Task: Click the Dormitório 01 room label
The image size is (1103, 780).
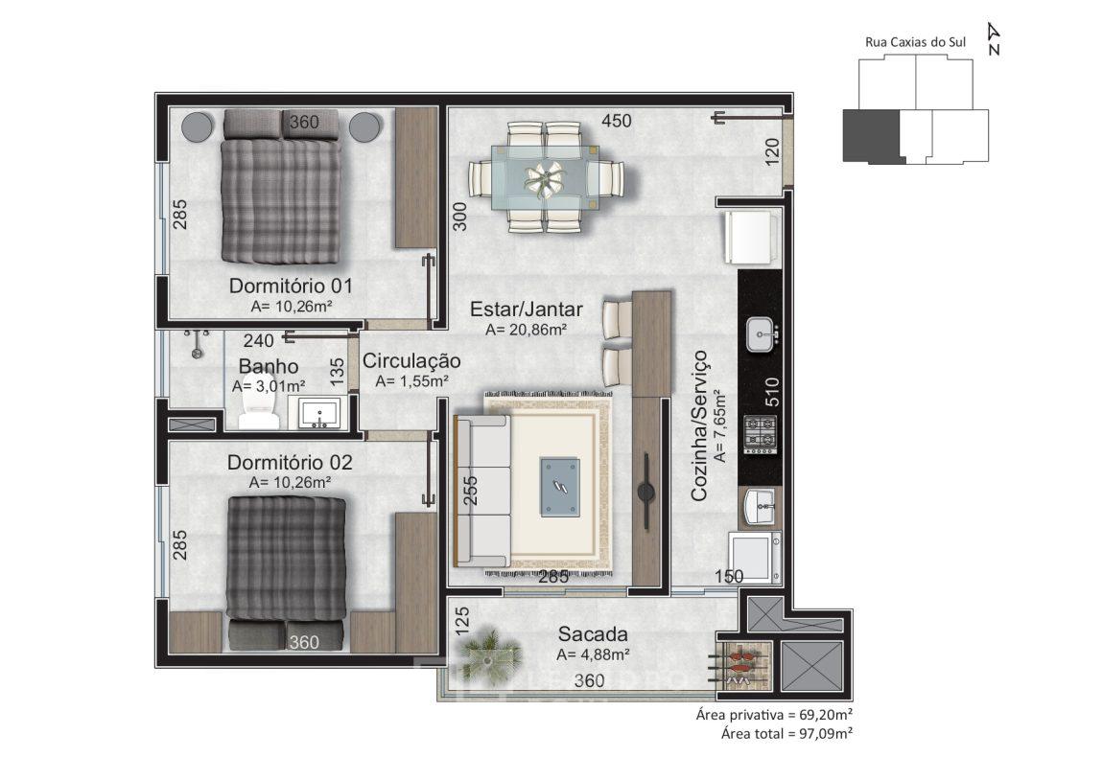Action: click(x=291, y=286)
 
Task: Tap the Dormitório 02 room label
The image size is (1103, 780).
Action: click(x=290, y=463)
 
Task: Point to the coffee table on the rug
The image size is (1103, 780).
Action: click(x=560, y=486)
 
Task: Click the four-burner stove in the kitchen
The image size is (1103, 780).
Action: click(x=760, y=434)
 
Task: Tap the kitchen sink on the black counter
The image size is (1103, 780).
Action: click(x=763, y=334)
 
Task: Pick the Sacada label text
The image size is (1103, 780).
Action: click(x=593, y=633)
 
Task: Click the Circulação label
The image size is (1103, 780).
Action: click(x=411, y=361)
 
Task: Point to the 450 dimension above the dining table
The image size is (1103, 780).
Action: click(x=616, y=121)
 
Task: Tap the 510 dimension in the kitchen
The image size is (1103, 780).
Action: click(x=772, y=392)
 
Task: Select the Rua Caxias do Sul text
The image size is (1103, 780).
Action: click(x=915, y=42)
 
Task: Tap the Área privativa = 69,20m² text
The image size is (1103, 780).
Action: click(x=774, y=715)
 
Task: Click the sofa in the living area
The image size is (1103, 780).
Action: click(x=482, y=492)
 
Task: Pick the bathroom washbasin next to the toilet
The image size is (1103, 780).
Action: click(x=318, y=412)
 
